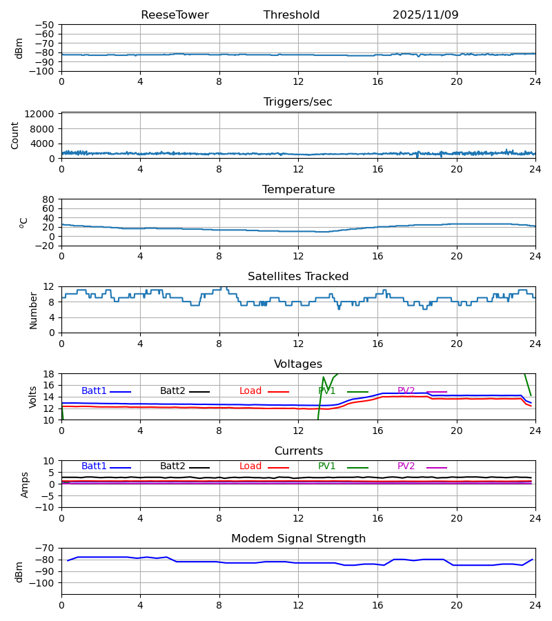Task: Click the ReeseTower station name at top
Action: [x=175, y=15]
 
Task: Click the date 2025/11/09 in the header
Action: [x=425, y=15]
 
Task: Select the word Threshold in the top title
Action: [x=291, y=15]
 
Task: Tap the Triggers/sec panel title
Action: [x=298, y=102]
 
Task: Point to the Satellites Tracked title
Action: [x=298, y=277]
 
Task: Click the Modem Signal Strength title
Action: [x=298, y=539]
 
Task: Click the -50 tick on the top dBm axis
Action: [x=47, y=25]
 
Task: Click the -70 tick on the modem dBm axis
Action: [x=47, y=549]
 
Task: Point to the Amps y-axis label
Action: [x=26, y=484]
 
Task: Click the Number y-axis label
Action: [x=34, y=310]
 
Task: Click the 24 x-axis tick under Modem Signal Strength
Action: [x=535, y=604]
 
